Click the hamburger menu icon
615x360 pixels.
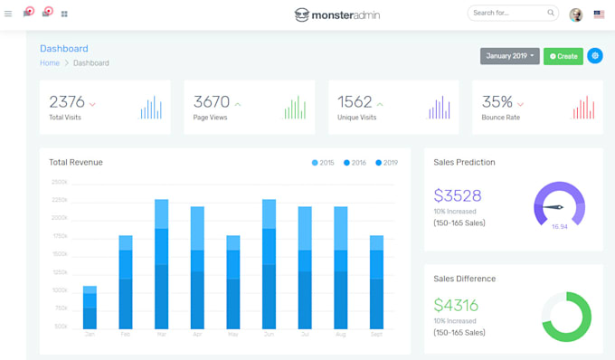[8, 14]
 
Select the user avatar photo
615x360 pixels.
[576, 14]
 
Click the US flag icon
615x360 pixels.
[599, 14]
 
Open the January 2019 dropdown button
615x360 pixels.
[509, 56]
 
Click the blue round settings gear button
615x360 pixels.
[594, 56]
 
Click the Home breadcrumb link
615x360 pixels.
[50, 63]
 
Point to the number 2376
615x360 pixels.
[67, 102]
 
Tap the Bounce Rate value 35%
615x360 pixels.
[497, 102]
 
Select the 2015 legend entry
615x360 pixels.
[323, 163]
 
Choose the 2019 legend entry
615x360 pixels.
[386, 163]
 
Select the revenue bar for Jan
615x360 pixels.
[90, 308]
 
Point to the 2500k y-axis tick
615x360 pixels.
[60, 182]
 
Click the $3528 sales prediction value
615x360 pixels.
[458, 195]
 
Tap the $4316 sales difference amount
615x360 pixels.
[456, 306]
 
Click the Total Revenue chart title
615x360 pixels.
[76, 163]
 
